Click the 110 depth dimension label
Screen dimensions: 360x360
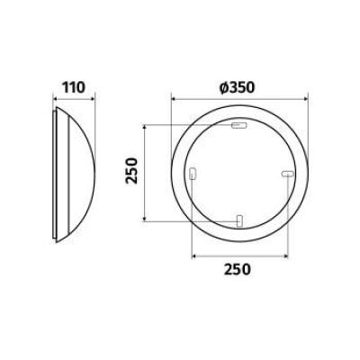point(74,87)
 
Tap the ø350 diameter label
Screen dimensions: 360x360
point(237,87)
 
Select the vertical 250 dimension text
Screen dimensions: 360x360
point(131,171)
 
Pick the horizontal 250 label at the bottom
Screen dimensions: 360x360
point(237,269)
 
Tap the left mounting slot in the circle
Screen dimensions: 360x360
point(193,174)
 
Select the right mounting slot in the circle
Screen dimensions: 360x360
point(287,174)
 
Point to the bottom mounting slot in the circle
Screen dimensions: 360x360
point(239,221)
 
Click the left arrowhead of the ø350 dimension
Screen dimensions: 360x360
point(174,99)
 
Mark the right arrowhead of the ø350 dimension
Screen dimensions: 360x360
point(306,99)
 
